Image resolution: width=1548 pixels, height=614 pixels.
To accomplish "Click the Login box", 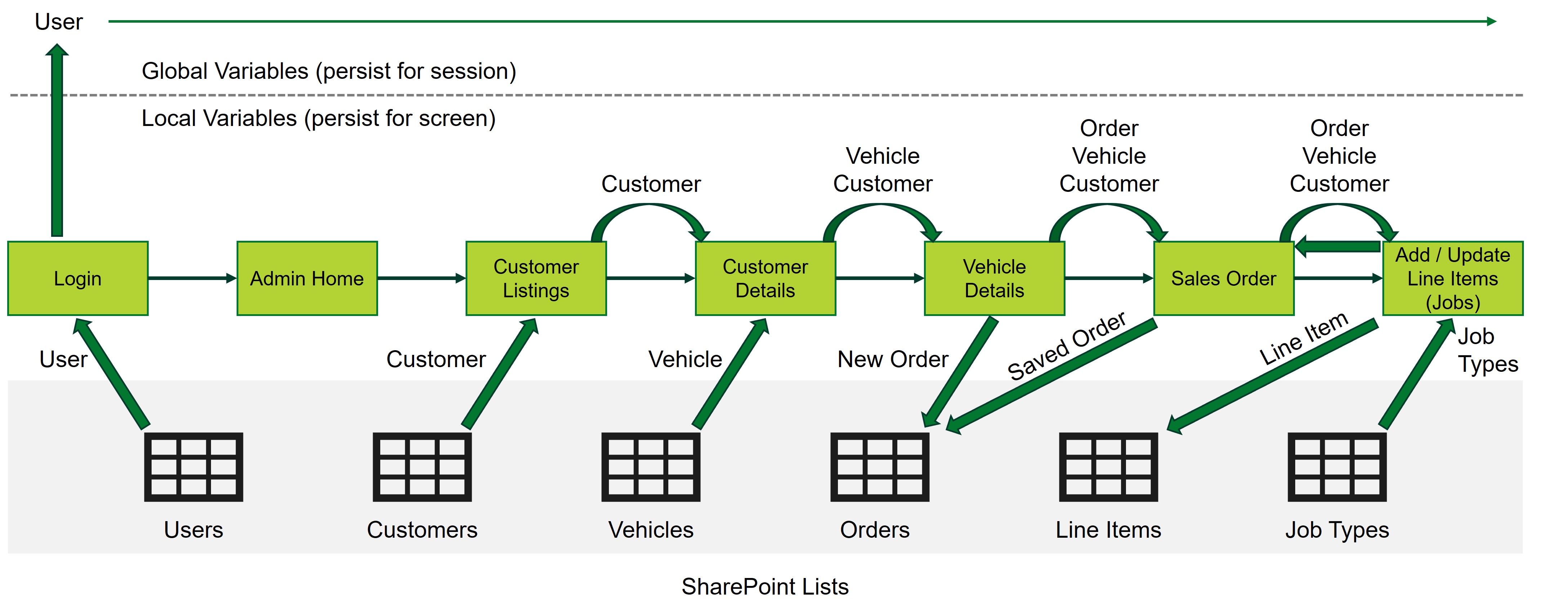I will [77, 278].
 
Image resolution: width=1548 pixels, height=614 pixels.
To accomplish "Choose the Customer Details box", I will [765, 278].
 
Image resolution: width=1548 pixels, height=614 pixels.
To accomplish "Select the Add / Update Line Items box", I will [1453, 278].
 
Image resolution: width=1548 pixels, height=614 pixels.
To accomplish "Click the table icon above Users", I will [193, 467].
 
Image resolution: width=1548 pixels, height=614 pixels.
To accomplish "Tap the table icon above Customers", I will [422, 467].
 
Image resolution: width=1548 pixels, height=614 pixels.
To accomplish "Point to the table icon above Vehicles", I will [651, 467].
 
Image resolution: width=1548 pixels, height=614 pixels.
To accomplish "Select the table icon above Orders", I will [879, 467].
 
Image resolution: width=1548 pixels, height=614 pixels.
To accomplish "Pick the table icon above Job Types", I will [1337, 467].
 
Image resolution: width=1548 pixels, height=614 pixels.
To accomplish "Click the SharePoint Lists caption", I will [764, 586].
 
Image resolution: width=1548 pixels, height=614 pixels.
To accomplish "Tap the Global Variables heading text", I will [329, 71].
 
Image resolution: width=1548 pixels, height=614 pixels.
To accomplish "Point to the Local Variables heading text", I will [318, 118].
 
